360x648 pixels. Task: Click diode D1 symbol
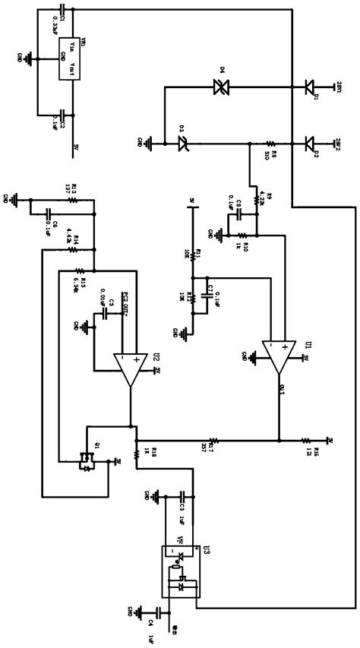[309, 87]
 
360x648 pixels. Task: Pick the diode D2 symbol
[309, 141]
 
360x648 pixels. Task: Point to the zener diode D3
[183, 141]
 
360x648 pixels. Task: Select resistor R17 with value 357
[213, 439]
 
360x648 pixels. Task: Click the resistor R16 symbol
[305, 439]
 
